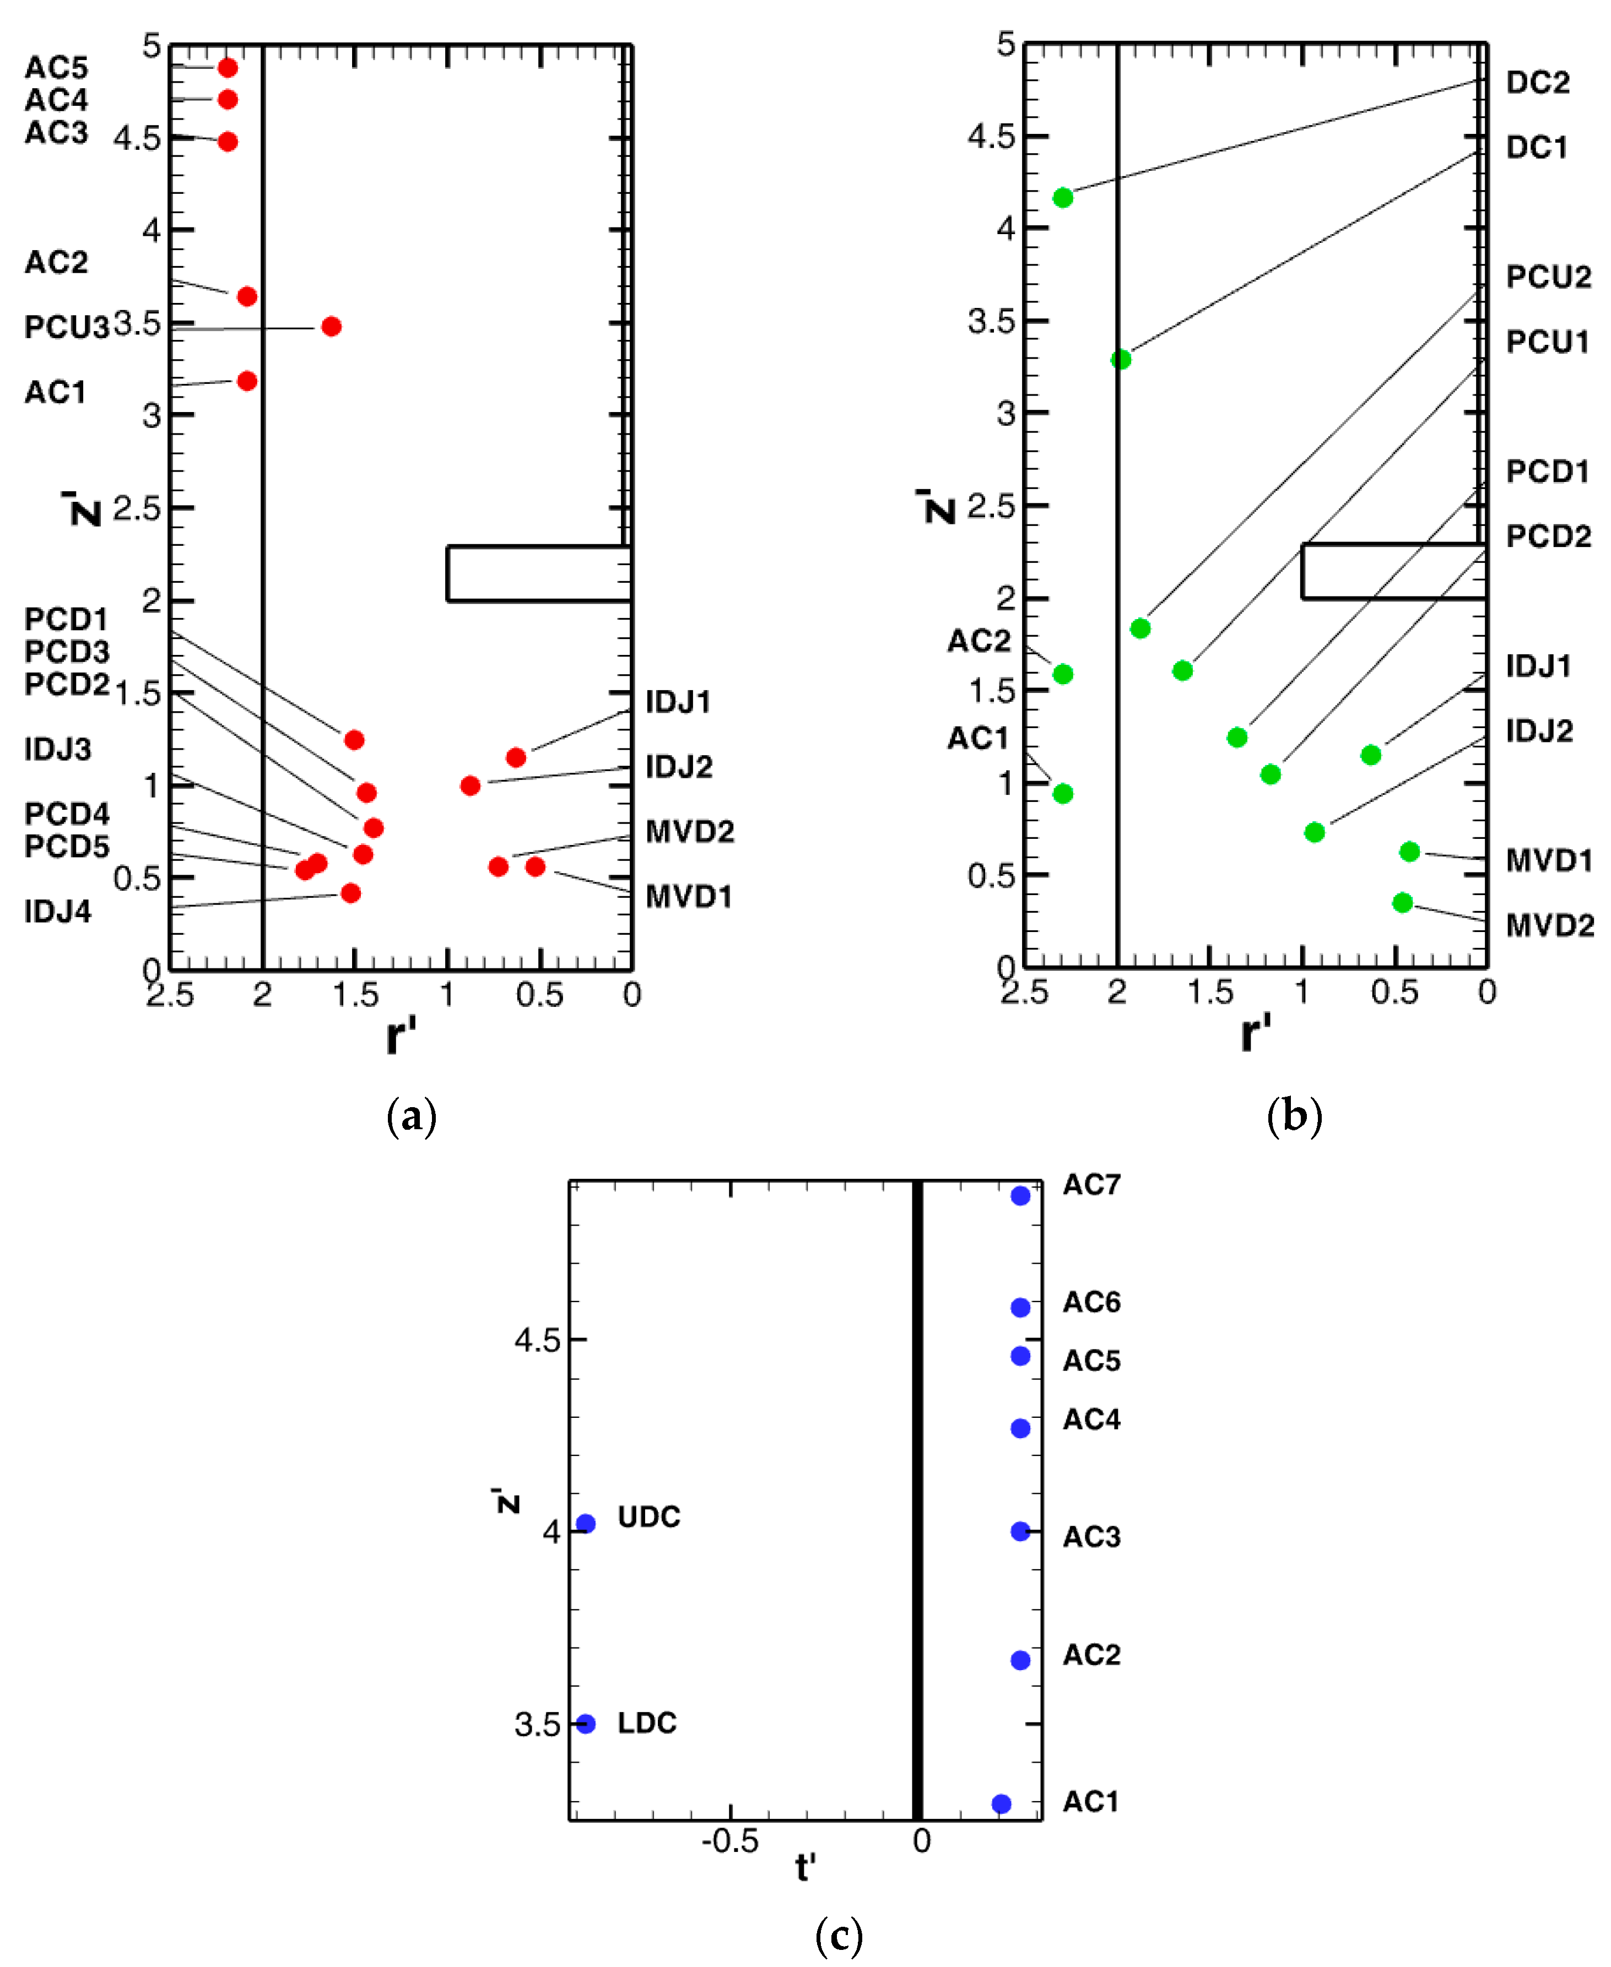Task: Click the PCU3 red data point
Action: pos(331,327)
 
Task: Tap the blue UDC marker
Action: pos(586,1524)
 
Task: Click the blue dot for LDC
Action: pos(586,1724)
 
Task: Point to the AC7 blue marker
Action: pos(1021,1196)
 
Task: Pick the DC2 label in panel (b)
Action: pos(1538,83)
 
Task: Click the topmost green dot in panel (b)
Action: pos(1063,198)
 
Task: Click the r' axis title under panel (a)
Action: pos(401,1036)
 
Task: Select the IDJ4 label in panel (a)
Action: pos(57,912)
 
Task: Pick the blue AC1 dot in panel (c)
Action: pos(1001,1804)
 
